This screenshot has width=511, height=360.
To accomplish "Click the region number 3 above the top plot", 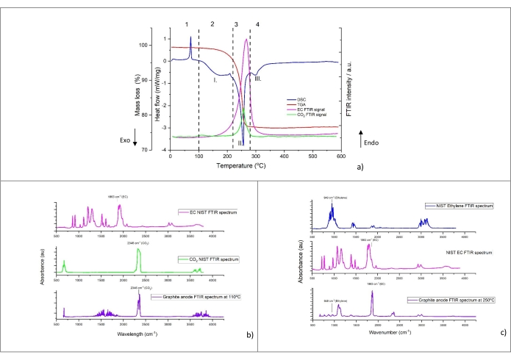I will (235, 25).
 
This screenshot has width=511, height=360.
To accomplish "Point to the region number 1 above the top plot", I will (187, 25).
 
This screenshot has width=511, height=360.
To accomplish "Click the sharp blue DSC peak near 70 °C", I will (190, 38).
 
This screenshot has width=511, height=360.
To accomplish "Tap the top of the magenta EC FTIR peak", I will (245, 40).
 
